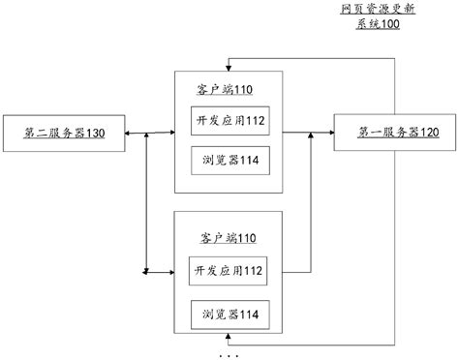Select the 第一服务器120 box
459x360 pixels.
pyautogui.click(x=386, y=133)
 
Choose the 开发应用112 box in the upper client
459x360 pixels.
pyautogui.click(x=229, y=121)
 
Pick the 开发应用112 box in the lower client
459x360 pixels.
pyautogui.click(x=229, y=269)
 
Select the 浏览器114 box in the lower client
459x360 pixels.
pyautogui.click(x=229, y=315)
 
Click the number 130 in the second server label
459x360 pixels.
pyautogui.click(x=95, y=133)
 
